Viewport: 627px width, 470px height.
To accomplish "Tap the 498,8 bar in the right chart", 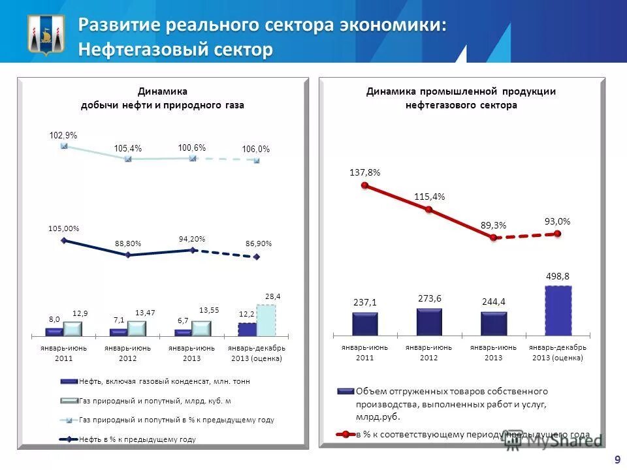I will (558, 310).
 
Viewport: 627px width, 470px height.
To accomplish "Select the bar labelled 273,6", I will (429, 321).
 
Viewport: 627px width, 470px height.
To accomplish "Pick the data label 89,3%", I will (494, 225).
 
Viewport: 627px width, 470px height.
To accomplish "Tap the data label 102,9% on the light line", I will (63, 135).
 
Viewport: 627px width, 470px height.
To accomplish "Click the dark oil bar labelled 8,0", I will (54, 332).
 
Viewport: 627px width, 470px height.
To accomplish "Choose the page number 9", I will (617, 460).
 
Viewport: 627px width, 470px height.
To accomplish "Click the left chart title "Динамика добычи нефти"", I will (162, 98).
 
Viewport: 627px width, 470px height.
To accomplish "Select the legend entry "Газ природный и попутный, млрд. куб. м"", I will (155, 400).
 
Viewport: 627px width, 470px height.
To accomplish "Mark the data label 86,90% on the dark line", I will (259, 243).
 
